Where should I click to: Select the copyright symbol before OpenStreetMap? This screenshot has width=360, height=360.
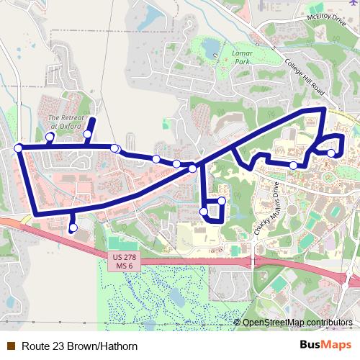(x=238, y=323)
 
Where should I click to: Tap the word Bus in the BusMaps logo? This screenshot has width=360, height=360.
(x=310, y=345)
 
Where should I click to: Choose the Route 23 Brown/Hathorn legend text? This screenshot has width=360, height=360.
(x=79, y=346)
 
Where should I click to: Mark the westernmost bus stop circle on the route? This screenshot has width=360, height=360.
(x=18, y=148)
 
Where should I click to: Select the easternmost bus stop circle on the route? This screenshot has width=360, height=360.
(x=330, y=153)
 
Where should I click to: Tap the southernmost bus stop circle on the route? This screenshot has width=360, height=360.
(x=72, y=228)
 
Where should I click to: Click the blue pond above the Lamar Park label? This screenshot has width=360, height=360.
(x=211, y=48)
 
